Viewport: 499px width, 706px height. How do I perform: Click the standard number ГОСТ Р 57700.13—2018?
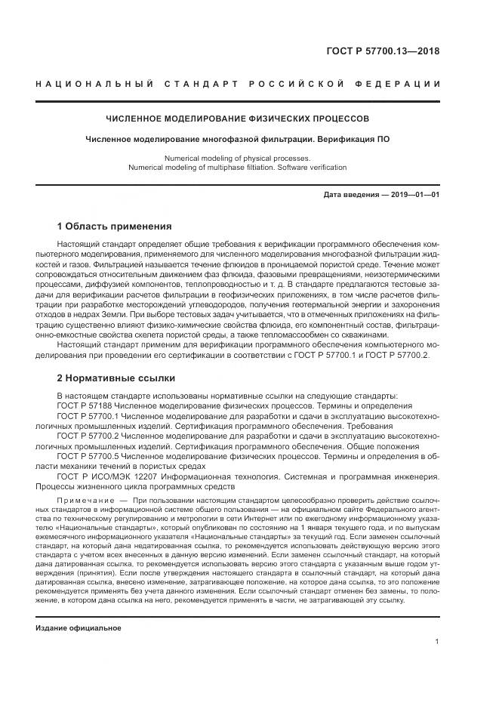382,51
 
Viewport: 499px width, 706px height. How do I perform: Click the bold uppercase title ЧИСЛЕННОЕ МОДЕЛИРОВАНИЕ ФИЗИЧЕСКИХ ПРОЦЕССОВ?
236,119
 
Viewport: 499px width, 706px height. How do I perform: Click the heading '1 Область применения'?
114,226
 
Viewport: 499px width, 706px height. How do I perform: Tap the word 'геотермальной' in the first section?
334,303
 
